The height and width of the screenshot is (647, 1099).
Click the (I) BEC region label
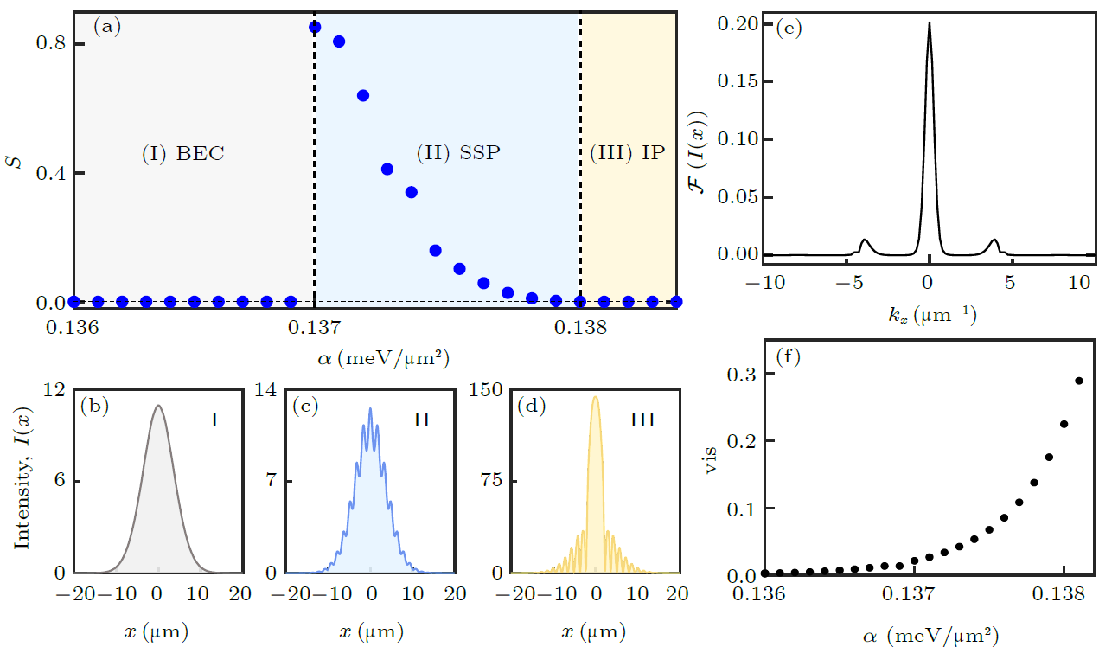click(x=182, y=153)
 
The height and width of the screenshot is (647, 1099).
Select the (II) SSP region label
click(x=458, y=153)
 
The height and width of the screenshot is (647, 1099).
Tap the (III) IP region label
click(x=628, y=153)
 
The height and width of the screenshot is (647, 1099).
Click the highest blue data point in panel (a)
click(x=315, y=28)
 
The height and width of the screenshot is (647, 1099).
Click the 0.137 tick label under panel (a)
click(x=315, y=329)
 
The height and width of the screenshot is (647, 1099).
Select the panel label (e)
click(x=789, y=28)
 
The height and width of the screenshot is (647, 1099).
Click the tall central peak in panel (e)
click(x=929, y=26)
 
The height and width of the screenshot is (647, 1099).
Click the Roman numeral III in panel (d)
click(x=642, y=421)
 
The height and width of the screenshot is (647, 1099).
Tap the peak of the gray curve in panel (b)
click(x=157, y=405)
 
